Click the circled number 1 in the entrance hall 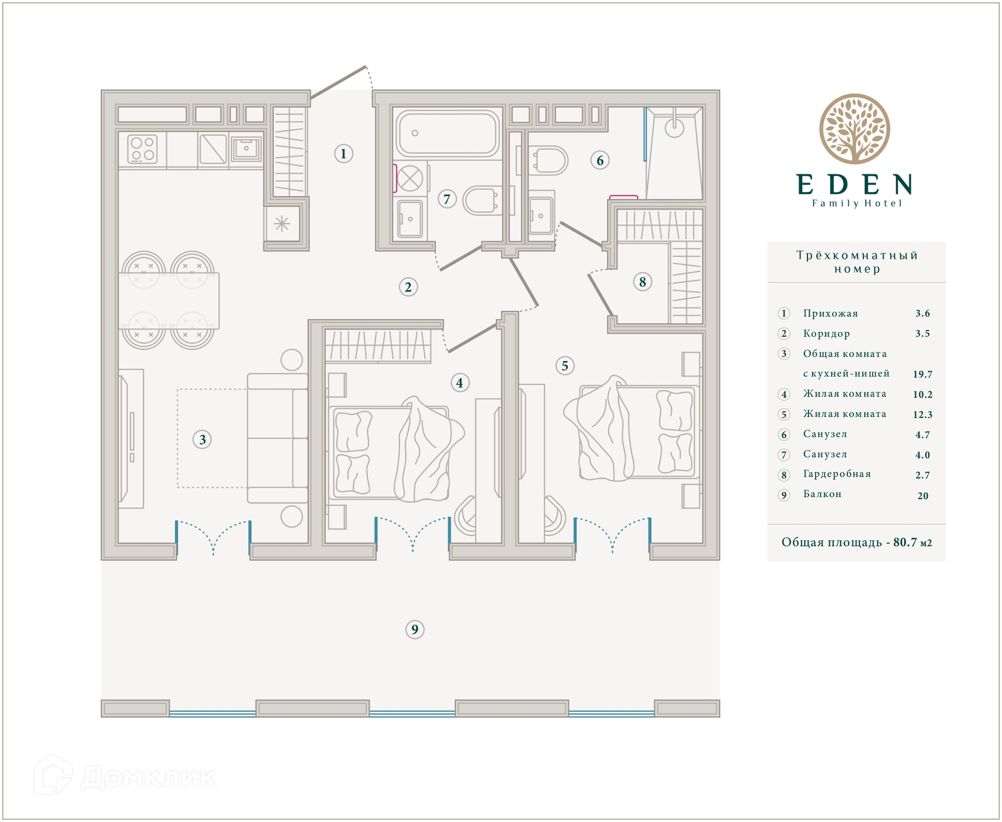(343, 154)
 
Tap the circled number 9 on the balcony (415, 630)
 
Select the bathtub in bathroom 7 (447, 133)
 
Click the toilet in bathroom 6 (548, 161)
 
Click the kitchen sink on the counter (246, 149)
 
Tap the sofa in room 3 (278, 438)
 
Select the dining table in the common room (169, 301)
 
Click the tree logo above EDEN (854, 129)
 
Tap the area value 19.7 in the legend (922, 374)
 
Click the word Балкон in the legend (822, 494)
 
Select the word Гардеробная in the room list (837, 474)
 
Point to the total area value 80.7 (904, 542)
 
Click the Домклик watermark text (149, 778)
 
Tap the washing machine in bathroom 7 (410, 178)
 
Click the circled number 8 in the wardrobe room (642, 282)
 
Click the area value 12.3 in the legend (922, 415)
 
